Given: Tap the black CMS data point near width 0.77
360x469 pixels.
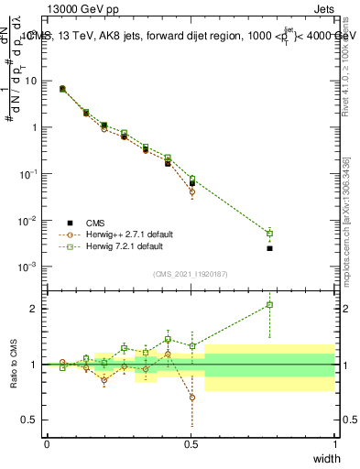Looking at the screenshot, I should tap(269, 248).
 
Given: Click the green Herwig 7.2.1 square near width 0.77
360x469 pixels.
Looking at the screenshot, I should tap(269, 233).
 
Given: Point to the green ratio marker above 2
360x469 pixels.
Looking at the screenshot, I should tap(269, 305).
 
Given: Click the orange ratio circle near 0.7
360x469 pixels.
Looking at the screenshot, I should tap(192, 398).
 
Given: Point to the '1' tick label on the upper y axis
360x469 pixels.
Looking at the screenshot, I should tap(35, 127).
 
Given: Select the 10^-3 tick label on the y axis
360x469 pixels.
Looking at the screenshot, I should tap(30, 267).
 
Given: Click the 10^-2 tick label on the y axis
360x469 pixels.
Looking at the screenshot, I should tap(30, 221).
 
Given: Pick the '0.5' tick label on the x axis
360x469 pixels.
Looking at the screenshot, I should tap(191, 443).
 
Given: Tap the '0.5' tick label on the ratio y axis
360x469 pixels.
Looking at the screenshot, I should tap(30, 420).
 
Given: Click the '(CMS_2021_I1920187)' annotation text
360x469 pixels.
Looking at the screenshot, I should tap(191, 274).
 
